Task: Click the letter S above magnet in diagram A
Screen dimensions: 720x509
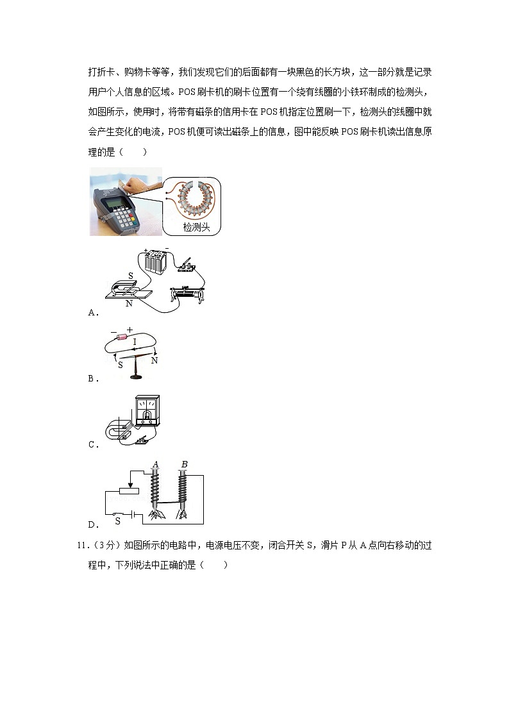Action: (130, 276)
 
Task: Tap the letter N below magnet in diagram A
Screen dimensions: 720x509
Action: (129, 303)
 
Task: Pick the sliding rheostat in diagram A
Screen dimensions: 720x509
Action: (187, 295)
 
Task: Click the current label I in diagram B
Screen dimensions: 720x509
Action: (134, 343)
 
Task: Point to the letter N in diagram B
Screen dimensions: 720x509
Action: (154, 361)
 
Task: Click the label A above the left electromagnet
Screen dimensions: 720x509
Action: (154, 465)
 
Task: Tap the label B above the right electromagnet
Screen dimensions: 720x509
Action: (184, 465)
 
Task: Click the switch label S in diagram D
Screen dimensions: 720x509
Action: (118, 521)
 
